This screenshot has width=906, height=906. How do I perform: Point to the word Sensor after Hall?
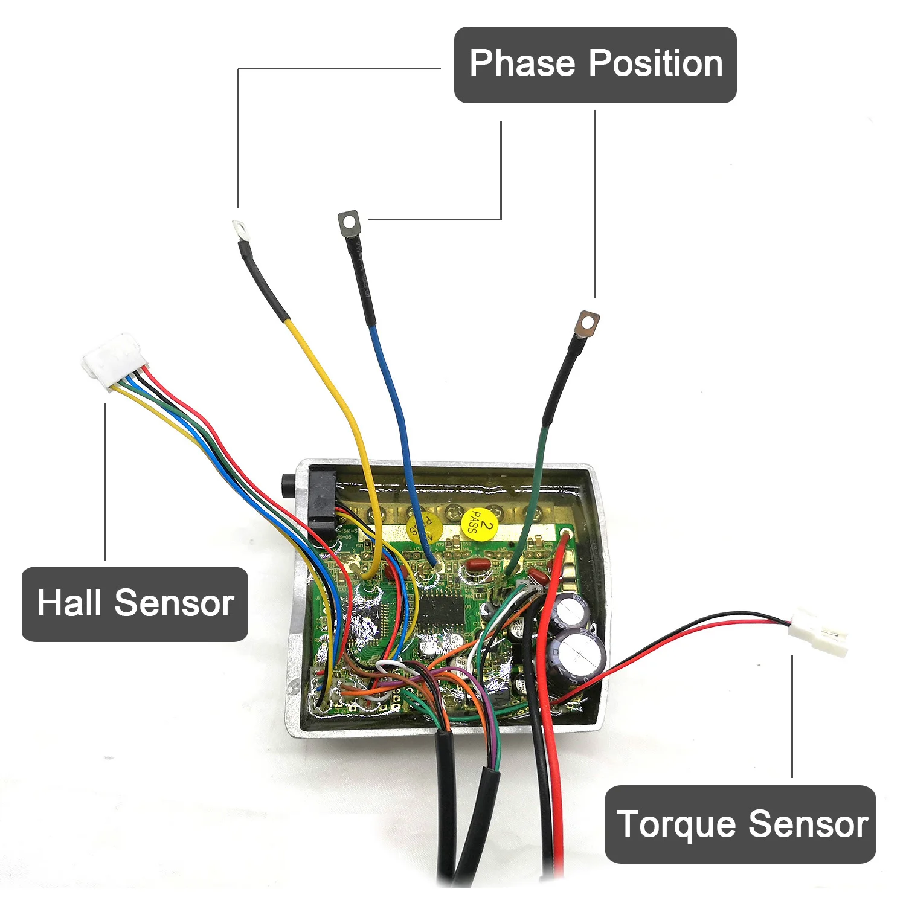coord(174,603)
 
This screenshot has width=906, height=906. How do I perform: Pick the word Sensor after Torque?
coord(809,824)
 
